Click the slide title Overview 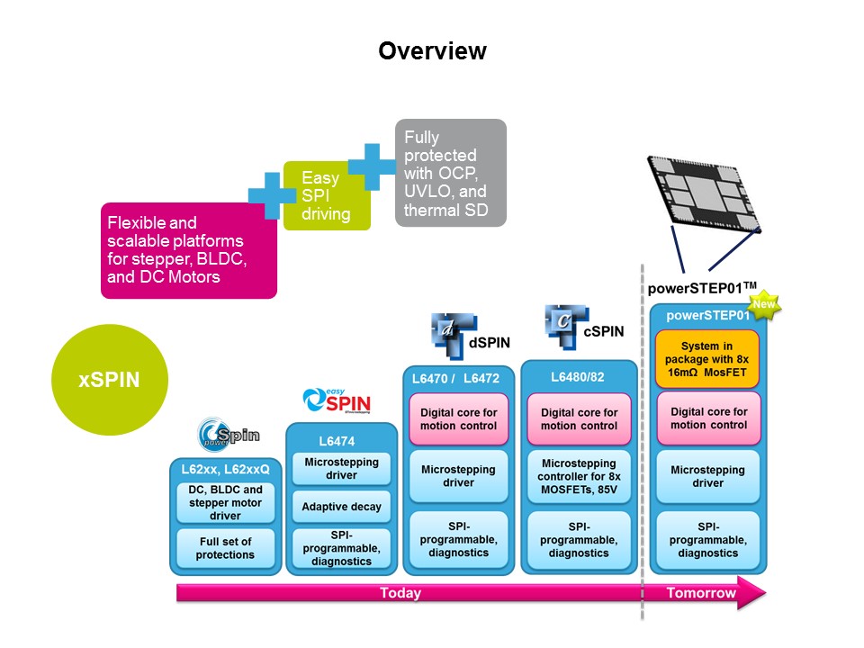[432, 51]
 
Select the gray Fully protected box [451, 173]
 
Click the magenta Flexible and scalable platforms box [188, 250]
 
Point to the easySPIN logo [337, 400]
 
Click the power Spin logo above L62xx [229, 436]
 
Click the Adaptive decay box [341, 507]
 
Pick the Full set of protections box [225, 548]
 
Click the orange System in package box [707, 359]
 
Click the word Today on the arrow [400, 593]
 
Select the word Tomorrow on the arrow [701, 593]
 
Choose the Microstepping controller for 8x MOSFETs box [580, 476]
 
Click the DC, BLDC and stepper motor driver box [225, 503]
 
